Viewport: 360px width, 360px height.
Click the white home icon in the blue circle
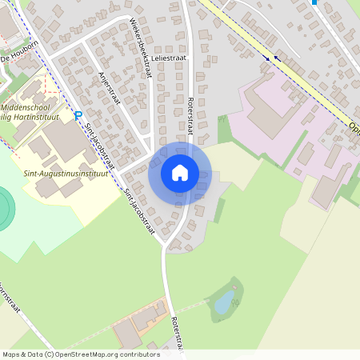(180, 172)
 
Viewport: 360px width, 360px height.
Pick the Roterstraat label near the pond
(177, 333)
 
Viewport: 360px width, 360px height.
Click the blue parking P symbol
(78, 116)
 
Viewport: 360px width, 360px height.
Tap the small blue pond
(225, 301)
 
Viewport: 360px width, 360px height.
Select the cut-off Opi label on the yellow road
(353, 128)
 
